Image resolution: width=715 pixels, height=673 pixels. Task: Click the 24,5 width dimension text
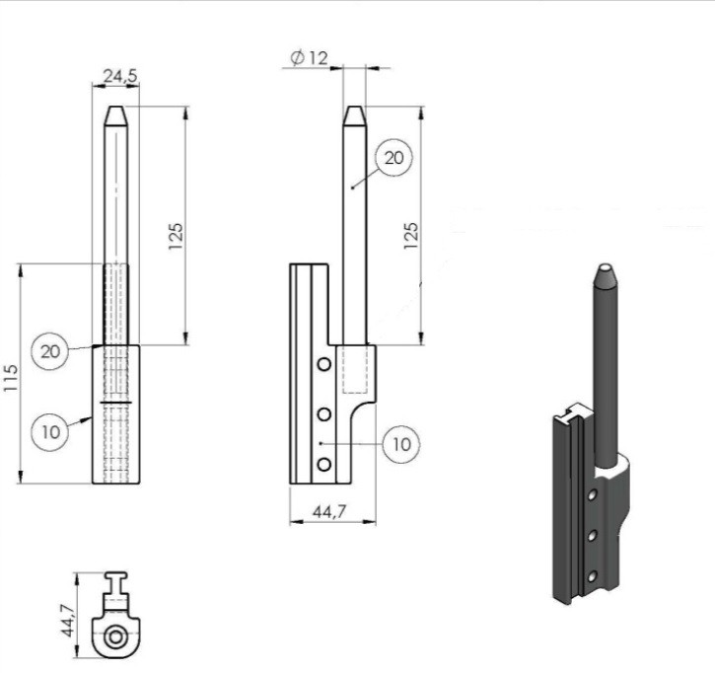tap(120, 76)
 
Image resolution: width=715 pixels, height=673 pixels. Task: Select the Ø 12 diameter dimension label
tap(309, 58)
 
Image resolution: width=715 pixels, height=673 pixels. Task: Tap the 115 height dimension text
tap(10, 377)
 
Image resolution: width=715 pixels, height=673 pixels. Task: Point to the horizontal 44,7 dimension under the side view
tap(329, 512)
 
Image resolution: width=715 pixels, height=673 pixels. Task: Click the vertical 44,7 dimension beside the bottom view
tap(67, 620)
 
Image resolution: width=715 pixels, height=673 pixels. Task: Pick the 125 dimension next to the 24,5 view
tap(176, 236)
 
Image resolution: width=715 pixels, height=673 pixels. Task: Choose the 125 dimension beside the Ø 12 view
tap(411, 236)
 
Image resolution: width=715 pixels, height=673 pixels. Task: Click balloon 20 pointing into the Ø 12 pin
tap(393, 158)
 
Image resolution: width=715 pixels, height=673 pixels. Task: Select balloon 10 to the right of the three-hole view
tap(401, 444)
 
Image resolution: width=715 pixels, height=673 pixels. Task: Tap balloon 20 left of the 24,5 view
tap(49, 351)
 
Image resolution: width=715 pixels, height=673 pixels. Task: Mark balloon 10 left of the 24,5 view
tap(50, 431)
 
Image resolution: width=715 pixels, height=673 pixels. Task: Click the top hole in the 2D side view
tap(324, 364)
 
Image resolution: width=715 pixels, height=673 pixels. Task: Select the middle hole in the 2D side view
tap(324, 414)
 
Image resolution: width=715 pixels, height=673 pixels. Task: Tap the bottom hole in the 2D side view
tap(324, 465)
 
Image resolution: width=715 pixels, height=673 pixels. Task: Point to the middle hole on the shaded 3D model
tap(592, 536)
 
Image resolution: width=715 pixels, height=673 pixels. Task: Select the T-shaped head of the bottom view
tap(115, 583)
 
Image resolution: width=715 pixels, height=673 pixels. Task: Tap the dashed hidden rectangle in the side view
tap(355, 369)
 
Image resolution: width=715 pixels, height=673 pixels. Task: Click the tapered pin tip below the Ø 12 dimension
tap(354, 115)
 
